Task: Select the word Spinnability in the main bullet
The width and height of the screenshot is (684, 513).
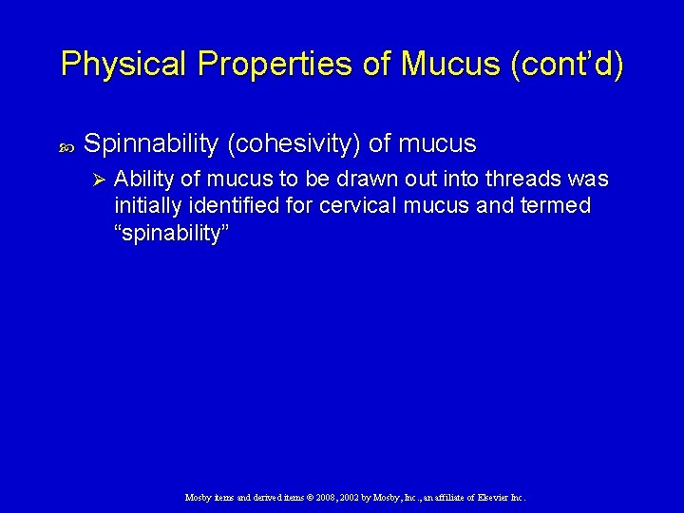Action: point(151,144)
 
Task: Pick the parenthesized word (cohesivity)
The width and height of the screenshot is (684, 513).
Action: point(293,144)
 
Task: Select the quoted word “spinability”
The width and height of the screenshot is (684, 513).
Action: point(171,234)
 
